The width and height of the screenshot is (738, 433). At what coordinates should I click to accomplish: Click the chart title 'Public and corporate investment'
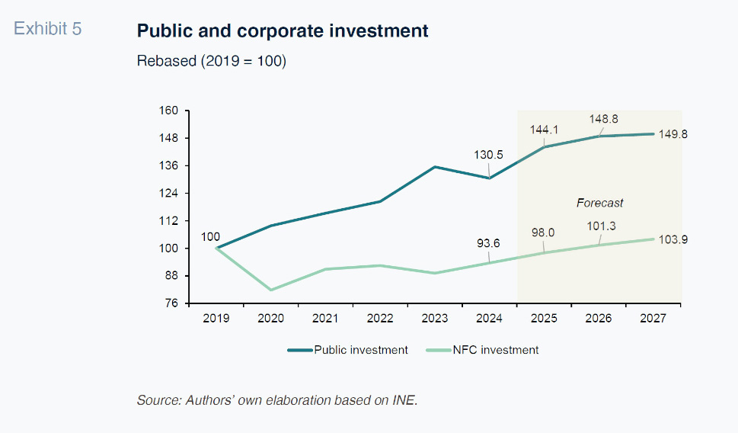coord(283,31)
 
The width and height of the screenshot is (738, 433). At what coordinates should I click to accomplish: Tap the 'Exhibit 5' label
coord(48,29)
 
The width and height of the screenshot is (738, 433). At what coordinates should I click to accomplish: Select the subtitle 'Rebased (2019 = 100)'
coord(211,62)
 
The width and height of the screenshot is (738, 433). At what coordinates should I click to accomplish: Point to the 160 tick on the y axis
coord(168,111)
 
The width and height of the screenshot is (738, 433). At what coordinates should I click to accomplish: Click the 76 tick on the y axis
coord(171,303)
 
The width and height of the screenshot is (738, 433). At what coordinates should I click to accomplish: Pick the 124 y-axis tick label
coord(168,194)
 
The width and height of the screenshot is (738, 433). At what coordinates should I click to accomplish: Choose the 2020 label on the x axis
coord(271,318)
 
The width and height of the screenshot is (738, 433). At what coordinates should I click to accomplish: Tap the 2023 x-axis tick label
coord(434,318)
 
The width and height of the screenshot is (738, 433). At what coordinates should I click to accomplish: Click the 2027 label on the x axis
coord(653,318)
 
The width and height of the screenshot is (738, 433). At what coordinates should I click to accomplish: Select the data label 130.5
coord(488,155)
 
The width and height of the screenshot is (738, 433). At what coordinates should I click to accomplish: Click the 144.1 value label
coord(545,130)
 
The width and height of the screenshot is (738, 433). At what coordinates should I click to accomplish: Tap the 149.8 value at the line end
coord(673,134)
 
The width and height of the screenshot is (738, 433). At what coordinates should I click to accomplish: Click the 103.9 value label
coord(673,239)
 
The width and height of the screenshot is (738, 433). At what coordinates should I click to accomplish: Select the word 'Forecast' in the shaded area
coord(599,203)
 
